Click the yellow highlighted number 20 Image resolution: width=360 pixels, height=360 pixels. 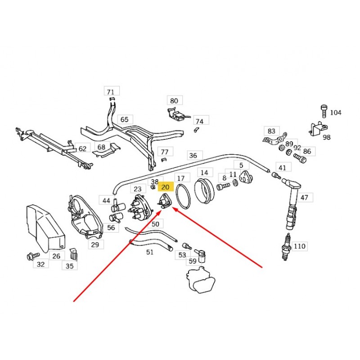165,187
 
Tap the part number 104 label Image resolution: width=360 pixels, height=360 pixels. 336,112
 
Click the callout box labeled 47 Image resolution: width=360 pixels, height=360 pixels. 305,198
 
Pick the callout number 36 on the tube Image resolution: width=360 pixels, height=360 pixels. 193,156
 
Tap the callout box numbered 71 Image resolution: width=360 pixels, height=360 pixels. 111,91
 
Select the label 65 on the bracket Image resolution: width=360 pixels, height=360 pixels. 124,120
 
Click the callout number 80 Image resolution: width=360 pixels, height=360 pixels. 174,100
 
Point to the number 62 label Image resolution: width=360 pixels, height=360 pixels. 82,148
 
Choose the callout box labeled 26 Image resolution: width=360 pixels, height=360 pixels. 56,256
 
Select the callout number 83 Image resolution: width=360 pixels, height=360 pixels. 271,131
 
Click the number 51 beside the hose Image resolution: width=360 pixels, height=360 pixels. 150,252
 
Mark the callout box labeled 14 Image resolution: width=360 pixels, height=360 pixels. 204,172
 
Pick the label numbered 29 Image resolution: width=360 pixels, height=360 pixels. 95,245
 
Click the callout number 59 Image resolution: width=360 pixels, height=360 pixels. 193,261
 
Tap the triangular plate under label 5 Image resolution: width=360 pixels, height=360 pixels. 245,176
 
